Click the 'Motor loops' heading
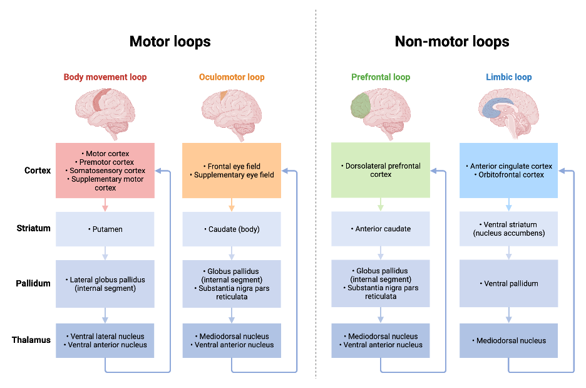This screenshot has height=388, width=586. pos(170,42)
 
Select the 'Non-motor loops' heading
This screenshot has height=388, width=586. pos(451,42)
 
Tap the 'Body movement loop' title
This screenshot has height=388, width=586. pos(105,78)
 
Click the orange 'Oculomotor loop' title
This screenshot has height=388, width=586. pos(232,78)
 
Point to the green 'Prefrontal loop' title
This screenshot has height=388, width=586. pos(381,78)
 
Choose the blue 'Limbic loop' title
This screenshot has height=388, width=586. pos(508,78)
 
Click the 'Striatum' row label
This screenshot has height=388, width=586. pos(33,228)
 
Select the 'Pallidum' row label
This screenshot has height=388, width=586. pos(33,283)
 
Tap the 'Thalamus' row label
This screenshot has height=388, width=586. pos(31,340)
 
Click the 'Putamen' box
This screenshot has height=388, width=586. pos(105,229)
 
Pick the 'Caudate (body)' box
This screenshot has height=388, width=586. pos(232,229)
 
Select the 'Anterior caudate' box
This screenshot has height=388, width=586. pos(381,229)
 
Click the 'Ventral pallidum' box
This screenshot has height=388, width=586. pos(508,283)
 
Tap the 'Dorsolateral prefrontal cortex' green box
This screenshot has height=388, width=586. pos(381,170)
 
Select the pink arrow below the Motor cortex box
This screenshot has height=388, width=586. pos(105,205)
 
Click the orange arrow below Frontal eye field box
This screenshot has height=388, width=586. pos(232,205)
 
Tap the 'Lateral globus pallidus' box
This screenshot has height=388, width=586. pos(105,283)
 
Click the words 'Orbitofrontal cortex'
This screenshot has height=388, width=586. pos(511,175)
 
